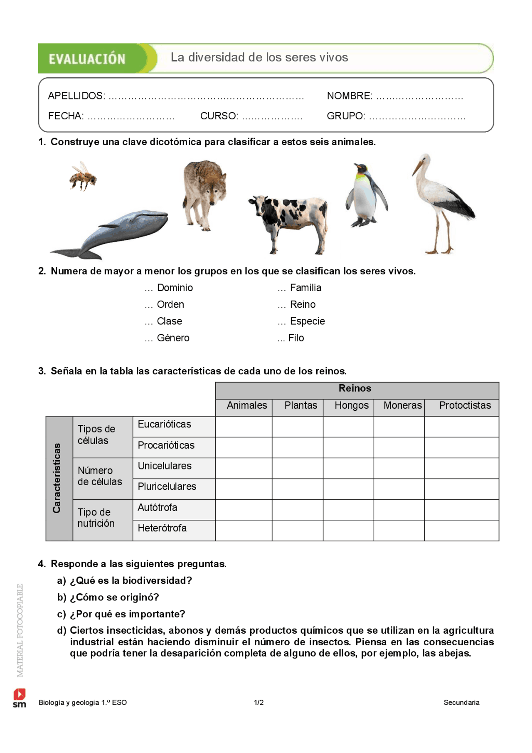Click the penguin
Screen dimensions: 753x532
click(x=365, y=195)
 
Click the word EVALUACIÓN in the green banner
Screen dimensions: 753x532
click(x=87, y=59)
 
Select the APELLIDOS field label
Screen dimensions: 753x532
click(x=76, y=96)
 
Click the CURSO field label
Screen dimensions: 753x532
click(x=219, y=116)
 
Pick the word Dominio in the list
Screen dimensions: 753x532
click(x=175, y=288)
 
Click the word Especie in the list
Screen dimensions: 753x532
click(x=307, y=321)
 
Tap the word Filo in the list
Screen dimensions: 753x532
click(x=296, y=338)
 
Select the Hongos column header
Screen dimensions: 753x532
click(x=352, y=405)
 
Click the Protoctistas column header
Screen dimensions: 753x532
click(x=465, y=405)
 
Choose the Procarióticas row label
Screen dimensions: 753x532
click(x=166, y=445)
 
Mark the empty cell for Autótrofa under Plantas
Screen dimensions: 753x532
click(x=298, y=510)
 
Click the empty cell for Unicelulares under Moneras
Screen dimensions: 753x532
click(x=399, y=468)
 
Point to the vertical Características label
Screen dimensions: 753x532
click(x=57, y=478)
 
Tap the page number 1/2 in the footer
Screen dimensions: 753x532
click(x=259, y=702)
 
